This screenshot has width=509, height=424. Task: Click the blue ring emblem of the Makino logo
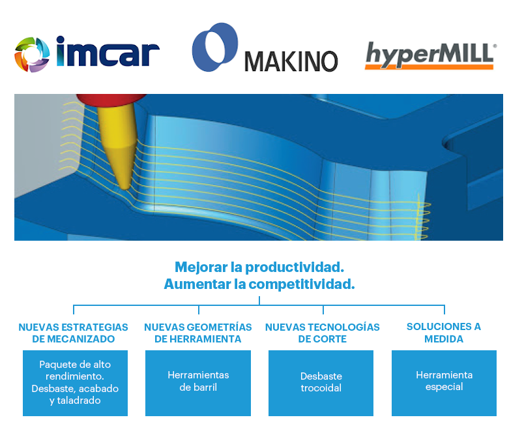click(214, 47)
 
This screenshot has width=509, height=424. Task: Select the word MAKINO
click(291, 61)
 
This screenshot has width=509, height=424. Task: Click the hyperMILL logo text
click(429, 55)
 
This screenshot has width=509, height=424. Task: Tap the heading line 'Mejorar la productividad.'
click(259, 267)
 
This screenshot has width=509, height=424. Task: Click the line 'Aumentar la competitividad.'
click(259, 284)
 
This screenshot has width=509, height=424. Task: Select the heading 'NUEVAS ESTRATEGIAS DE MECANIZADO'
click(73, 333)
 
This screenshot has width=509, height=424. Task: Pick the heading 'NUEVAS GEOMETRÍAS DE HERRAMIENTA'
click(197, 333)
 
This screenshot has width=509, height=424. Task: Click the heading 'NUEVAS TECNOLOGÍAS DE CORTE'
click(322, 333)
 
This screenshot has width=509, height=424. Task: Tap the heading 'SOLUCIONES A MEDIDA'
click(443, 333)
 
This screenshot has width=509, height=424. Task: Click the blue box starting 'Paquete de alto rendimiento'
click(75, 383)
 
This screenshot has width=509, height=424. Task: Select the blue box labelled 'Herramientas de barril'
click(198, 383)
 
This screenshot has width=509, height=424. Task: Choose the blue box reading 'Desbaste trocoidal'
click(321, 383)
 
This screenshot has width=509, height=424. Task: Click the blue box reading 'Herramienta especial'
click(444, 383)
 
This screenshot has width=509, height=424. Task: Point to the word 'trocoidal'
click(321, 389)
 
